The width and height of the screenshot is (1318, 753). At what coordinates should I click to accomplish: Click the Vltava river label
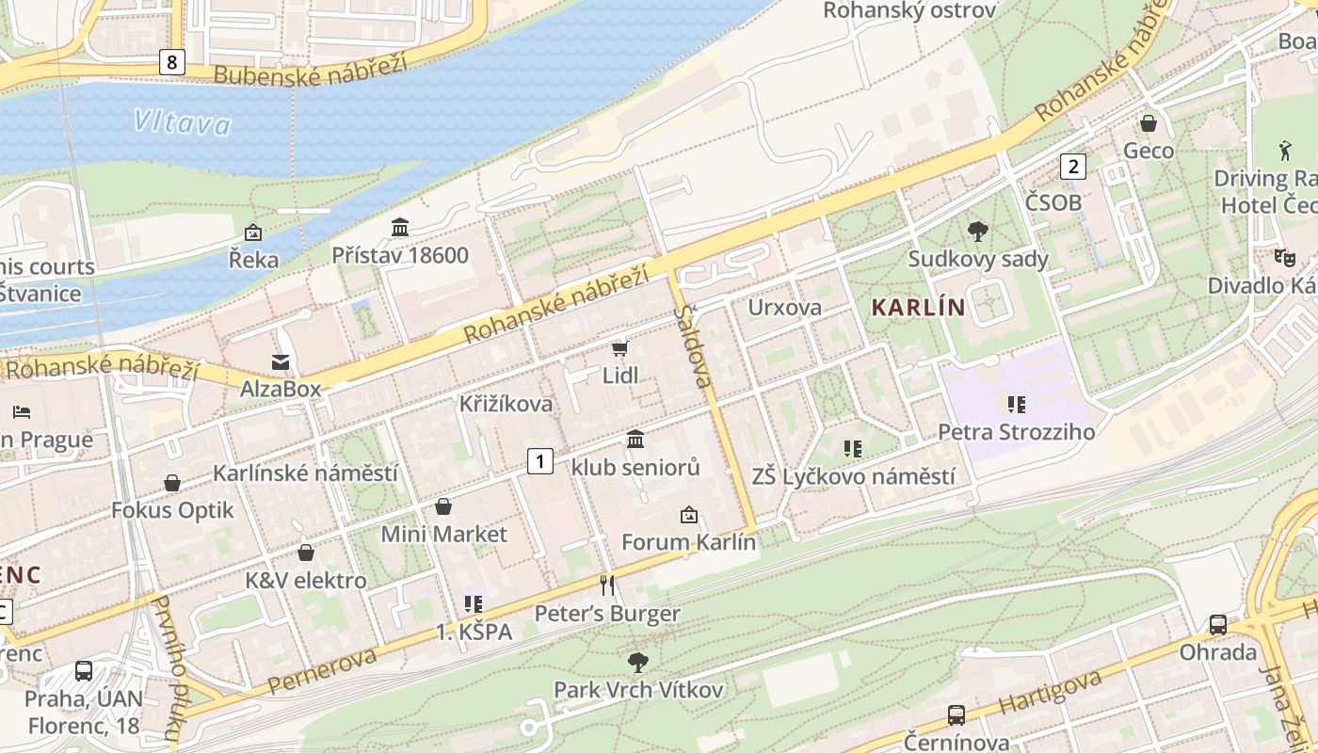point(182,122)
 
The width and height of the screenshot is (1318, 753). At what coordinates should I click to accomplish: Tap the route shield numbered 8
point(171,62)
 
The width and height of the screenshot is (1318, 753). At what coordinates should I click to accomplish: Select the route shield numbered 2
point(1072,167)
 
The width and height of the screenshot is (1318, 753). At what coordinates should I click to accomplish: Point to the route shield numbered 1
point(539,460)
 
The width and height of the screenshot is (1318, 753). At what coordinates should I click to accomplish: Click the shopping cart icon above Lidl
point(619,349)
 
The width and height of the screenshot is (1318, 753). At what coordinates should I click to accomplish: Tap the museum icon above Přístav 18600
point(400,228)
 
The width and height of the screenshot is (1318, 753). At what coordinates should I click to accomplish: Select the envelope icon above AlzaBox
point(280,362)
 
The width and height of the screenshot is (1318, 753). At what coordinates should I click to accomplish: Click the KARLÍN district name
point(918,307)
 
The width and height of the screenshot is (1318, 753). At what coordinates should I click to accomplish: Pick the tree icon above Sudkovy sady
point(977,231)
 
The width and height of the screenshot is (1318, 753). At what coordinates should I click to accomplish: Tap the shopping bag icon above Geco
point(1149,123)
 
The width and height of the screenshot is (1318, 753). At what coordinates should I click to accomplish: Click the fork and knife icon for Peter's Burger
point(607,585)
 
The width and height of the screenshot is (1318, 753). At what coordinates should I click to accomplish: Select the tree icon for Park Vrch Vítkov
point(638,662)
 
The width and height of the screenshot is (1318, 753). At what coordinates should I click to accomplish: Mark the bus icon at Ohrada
point(1217,625)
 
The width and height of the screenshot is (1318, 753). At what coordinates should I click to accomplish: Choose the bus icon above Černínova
point(956,715)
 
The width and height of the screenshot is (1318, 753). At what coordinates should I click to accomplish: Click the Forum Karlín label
point(688,542)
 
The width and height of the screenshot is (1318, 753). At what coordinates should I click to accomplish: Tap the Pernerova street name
point(322,668)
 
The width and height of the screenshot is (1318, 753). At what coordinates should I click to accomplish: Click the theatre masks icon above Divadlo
point(1283,256)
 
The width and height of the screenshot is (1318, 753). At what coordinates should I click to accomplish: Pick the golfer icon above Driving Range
point(1285,150)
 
